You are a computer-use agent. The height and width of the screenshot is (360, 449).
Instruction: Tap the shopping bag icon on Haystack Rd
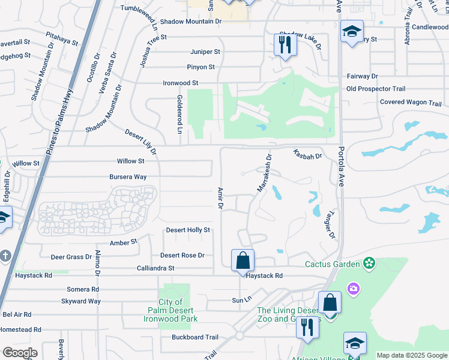(243, 261)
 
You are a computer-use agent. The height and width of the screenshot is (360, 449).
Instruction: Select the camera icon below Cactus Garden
(353, 289)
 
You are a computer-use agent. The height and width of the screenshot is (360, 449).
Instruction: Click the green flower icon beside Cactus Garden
(369, 263)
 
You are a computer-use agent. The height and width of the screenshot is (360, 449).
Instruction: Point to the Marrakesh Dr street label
(265, 173)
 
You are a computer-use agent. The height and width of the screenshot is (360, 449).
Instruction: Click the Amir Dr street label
(220, 198)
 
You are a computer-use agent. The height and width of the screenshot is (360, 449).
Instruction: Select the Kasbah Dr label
(307, 154)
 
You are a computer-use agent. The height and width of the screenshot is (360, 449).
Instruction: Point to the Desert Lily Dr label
(140, 141)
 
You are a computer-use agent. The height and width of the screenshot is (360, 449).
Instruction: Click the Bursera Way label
(128, 177)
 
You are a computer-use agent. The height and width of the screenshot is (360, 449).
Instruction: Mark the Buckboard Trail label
(195, 337)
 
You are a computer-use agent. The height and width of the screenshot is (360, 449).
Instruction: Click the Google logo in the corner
(20, 353)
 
